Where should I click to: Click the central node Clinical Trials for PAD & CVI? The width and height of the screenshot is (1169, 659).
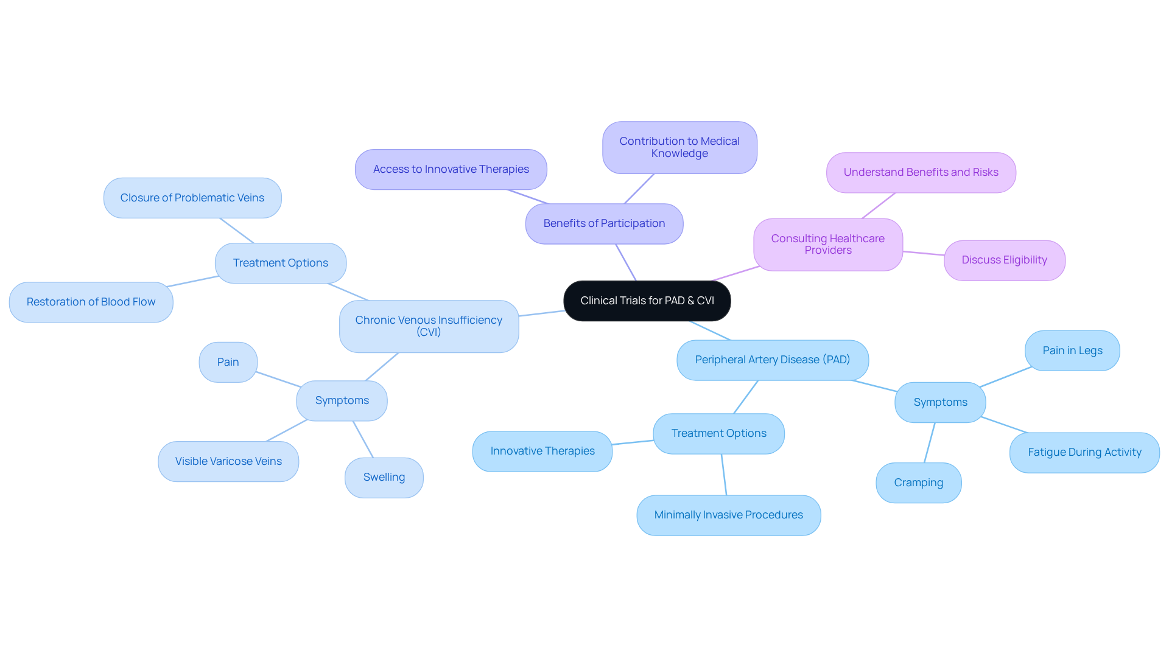647,301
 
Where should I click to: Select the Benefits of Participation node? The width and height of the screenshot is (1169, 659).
604,223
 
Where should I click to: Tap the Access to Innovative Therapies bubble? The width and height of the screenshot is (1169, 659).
451,169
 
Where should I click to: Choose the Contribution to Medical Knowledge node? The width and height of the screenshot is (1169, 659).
679,147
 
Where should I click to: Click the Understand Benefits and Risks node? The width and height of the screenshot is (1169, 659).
921,172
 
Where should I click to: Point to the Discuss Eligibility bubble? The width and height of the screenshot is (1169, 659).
1004,260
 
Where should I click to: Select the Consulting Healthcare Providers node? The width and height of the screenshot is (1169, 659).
827,244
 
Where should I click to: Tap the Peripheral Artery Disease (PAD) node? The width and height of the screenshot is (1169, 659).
772,360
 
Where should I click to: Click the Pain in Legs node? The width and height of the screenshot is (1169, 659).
1072,350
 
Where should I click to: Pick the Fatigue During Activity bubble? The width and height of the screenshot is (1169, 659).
1084,452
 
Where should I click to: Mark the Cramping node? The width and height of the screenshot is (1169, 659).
918,483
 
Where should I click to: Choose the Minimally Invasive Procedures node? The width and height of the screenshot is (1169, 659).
728,515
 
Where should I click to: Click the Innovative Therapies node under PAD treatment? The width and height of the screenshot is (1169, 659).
542,451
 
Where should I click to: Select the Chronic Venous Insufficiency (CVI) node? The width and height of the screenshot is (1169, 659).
429,326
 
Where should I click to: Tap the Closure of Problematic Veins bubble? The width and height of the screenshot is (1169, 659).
192,198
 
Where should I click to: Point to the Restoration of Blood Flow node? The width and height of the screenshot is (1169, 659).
91,302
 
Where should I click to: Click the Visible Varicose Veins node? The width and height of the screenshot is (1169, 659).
228,461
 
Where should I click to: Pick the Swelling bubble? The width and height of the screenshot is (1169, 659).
384,477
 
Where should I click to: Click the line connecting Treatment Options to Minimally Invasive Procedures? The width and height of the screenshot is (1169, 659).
724,475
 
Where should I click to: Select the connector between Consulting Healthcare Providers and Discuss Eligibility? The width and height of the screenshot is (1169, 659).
923,253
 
